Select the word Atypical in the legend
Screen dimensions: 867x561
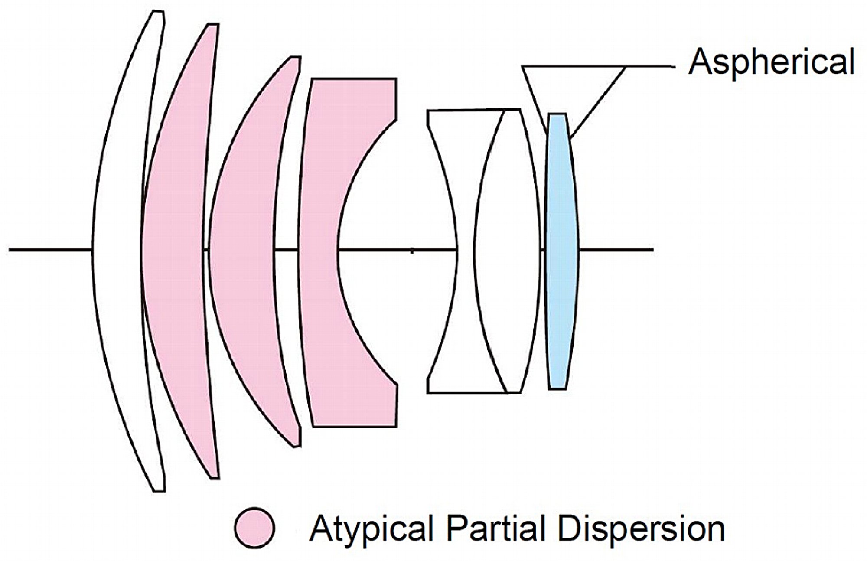[372, 529]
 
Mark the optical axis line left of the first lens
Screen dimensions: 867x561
[50, 250]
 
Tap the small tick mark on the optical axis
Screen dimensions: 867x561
[412, 250]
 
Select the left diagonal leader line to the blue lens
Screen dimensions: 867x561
[535, 100]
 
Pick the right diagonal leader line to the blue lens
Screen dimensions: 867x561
[599, 103]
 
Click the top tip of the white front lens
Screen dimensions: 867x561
[158, 11]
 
